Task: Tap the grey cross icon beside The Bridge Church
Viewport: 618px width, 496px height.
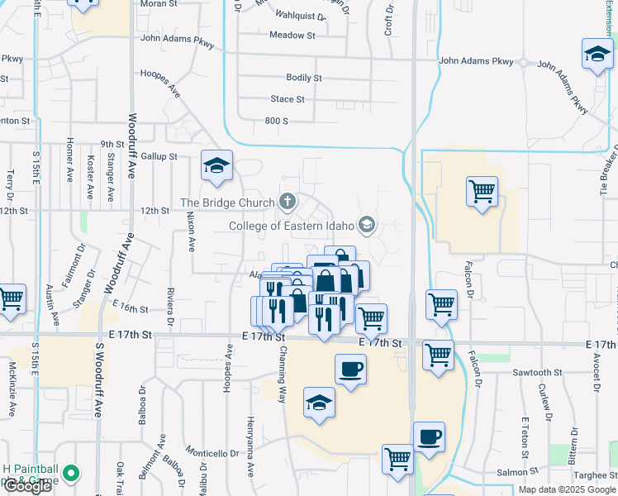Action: (287, 200)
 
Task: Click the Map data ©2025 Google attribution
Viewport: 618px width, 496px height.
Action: (568, 489)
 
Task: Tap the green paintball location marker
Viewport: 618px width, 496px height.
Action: (71, 474)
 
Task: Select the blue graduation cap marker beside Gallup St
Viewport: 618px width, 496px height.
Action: (216, 166)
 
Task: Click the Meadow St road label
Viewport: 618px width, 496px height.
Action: (292, 36)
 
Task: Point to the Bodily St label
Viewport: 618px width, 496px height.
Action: (303, 78)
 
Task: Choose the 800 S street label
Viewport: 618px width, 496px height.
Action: (276, 121)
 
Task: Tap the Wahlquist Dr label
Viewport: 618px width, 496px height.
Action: (297, 14)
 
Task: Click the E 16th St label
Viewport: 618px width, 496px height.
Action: (132, 309)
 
